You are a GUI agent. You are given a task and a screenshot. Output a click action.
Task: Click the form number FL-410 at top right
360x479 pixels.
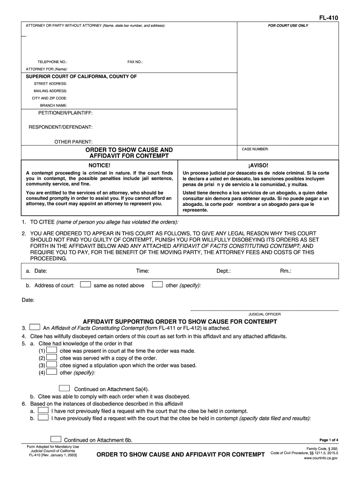point(329,18)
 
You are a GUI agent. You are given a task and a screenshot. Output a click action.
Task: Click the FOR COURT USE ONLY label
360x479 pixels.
point(288,25)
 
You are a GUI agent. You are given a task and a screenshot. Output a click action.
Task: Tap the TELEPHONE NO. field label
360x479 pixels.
point(52,62)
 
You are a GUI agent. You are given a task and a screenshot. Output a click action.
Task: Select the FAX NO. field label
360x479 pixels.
point(135,62)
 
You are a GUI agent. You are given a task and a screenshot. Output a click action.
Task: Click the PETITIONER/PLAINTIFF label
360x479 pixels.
point(65,114)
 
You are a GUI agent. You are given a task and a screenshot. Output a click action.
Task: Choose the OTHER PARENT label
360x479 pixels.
point(73,141)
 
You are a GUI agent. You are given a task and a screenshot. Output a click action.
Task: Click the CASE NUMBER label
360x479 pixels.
point(255,149)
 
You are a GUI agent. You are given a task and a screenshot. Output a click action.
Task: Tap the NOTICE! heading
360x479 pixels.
point(100,166)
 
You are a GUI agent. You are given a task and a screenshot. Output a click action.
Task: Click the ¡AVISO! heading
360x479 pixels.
point(259,166)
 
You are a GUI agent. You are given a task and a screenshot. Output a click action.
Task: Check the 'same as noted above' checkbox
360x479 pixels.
point(85,284)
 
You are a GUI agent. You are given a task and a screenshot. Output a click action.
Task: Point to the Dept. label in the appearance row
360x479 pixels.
point(223,271)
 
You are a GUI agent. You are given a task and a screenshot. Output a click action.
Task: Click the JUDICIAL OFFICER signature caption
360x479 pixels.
point(264,314)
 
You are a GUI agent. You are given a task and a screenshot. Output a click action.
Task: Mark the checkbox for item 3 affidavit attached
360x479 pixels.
point(35,327)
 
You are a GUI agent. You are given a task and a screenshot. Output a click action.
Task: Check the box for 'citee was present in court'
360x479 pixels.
point(52,350)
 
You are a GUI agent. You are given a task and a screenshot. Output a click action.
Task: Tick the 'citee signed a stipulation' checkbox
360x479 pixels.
point(52,365)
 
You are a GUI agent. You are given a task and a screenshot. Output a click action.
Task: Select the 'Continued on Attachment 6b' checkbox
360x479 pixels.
point(56,439)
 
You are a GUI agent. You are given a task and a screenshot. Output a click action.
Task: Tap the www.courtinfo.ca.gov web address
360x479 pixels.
point(321,458)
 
